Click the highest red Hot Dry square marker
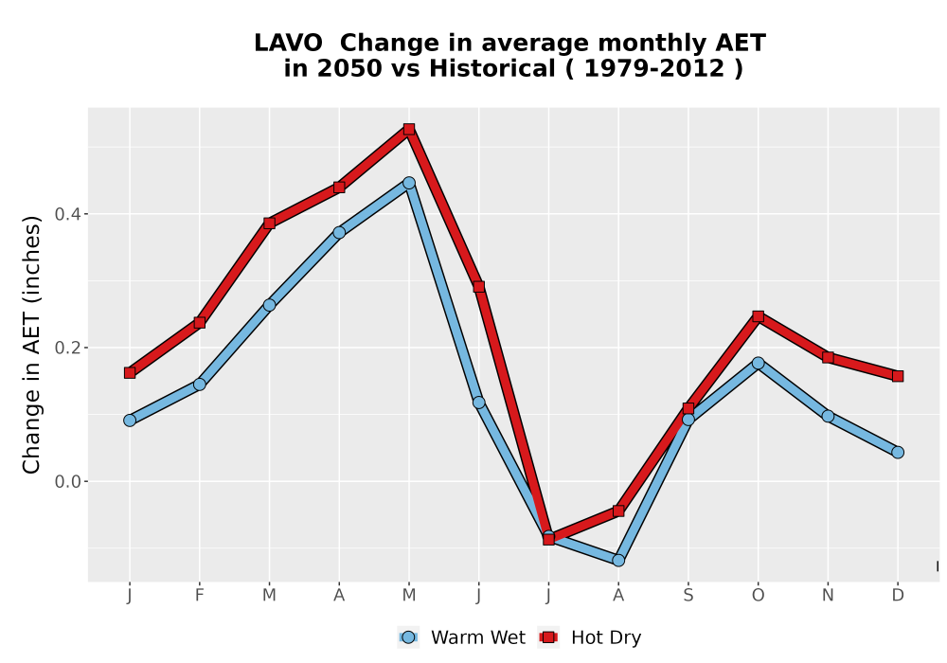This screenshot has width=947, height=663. (x=409, y=129)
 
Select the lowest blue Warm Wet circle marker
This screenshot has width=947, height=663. (x=618, y=561)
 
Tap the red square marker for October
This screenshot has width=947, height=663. (x=758, y=316)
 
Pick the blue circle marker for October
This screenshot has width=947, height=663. (x=758, y=363)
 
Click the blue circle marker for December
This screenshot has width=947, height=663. (x=898, y=453)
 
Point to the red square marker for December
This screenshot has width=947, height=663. (x=898, y=376)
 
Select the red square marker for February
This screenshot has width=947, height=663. (x=199, y=323)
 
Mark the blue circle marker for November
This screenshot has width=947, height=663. (x=828, y=416)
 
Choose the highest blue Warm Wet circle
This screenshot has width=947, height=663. (x=409, y=183)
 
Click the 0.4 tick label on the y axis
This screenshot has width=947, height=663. (x=66, y=214)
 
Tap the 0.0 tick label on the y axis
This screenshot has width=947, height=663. (x=66, y=482)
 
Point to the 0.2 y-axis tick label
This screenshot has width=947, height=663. (x=66, y=348)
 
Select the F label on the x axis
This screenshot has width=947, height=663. (x=199, y=596)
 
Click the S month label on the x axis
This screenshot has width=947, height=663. (x=688, y=596)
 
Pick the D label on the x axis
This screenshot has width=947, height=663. (x=898, y=596)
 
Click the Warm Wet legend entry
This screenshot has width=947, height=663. (x=462, y=637)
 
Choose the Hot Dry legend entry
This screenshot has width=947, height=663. (x=590, y=637)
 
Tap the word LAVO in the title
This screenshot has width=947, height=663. (x=288, y=44)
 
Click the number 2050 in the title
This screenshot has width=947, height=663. (x=350, y=69)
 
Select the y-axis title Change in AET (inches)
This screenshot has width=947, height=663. (x=31, y=345)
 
